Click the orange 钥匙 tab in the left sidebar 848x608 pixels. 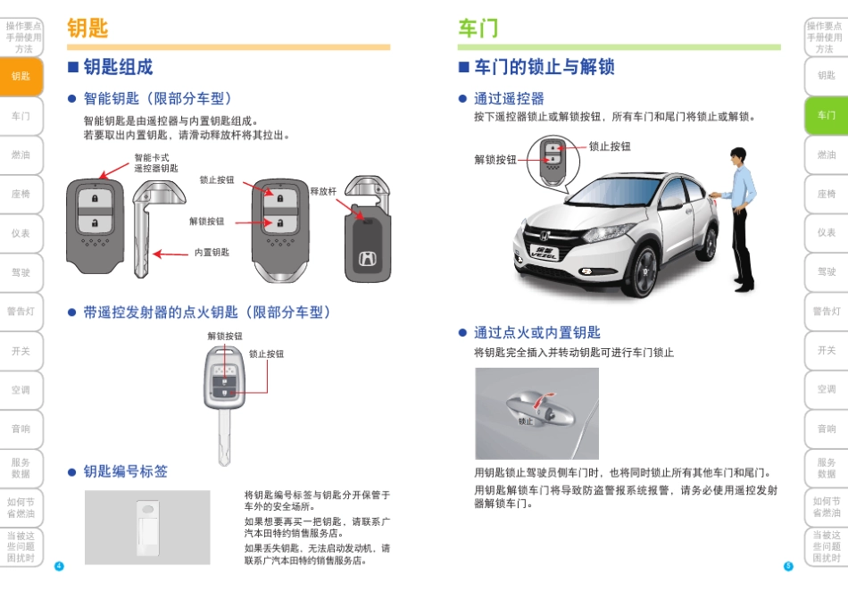point(21,76)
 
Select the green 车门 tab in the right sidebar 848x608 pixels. point(827,115)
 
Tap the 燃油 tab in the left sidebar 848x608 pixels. point(21,155)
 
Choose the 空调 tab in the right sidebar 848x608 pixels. point(827,389)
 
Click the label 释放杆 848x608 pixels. point(323,191)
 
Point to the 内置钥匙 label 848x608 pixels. point(212,252)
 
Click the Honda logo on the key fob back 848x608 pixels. point(368,260)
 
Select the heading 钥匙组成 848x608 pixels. point(118,67)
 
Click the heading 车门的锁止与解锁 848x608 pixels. point(545,67)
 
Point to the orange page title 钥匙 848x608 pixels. point(87,29)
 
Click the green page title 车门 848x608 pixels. point(478,29)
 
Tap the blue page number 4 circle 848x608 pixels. point(59,566)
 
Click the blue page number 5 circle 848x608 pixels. point(788,566)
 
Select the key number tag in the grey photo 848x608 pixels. point(148,528)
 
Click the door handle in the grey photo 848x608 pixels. point(540,409)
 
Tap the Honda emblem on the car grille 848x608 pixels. point(545,236)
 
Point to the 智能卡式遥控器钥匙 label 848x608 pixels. point(155,162)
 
